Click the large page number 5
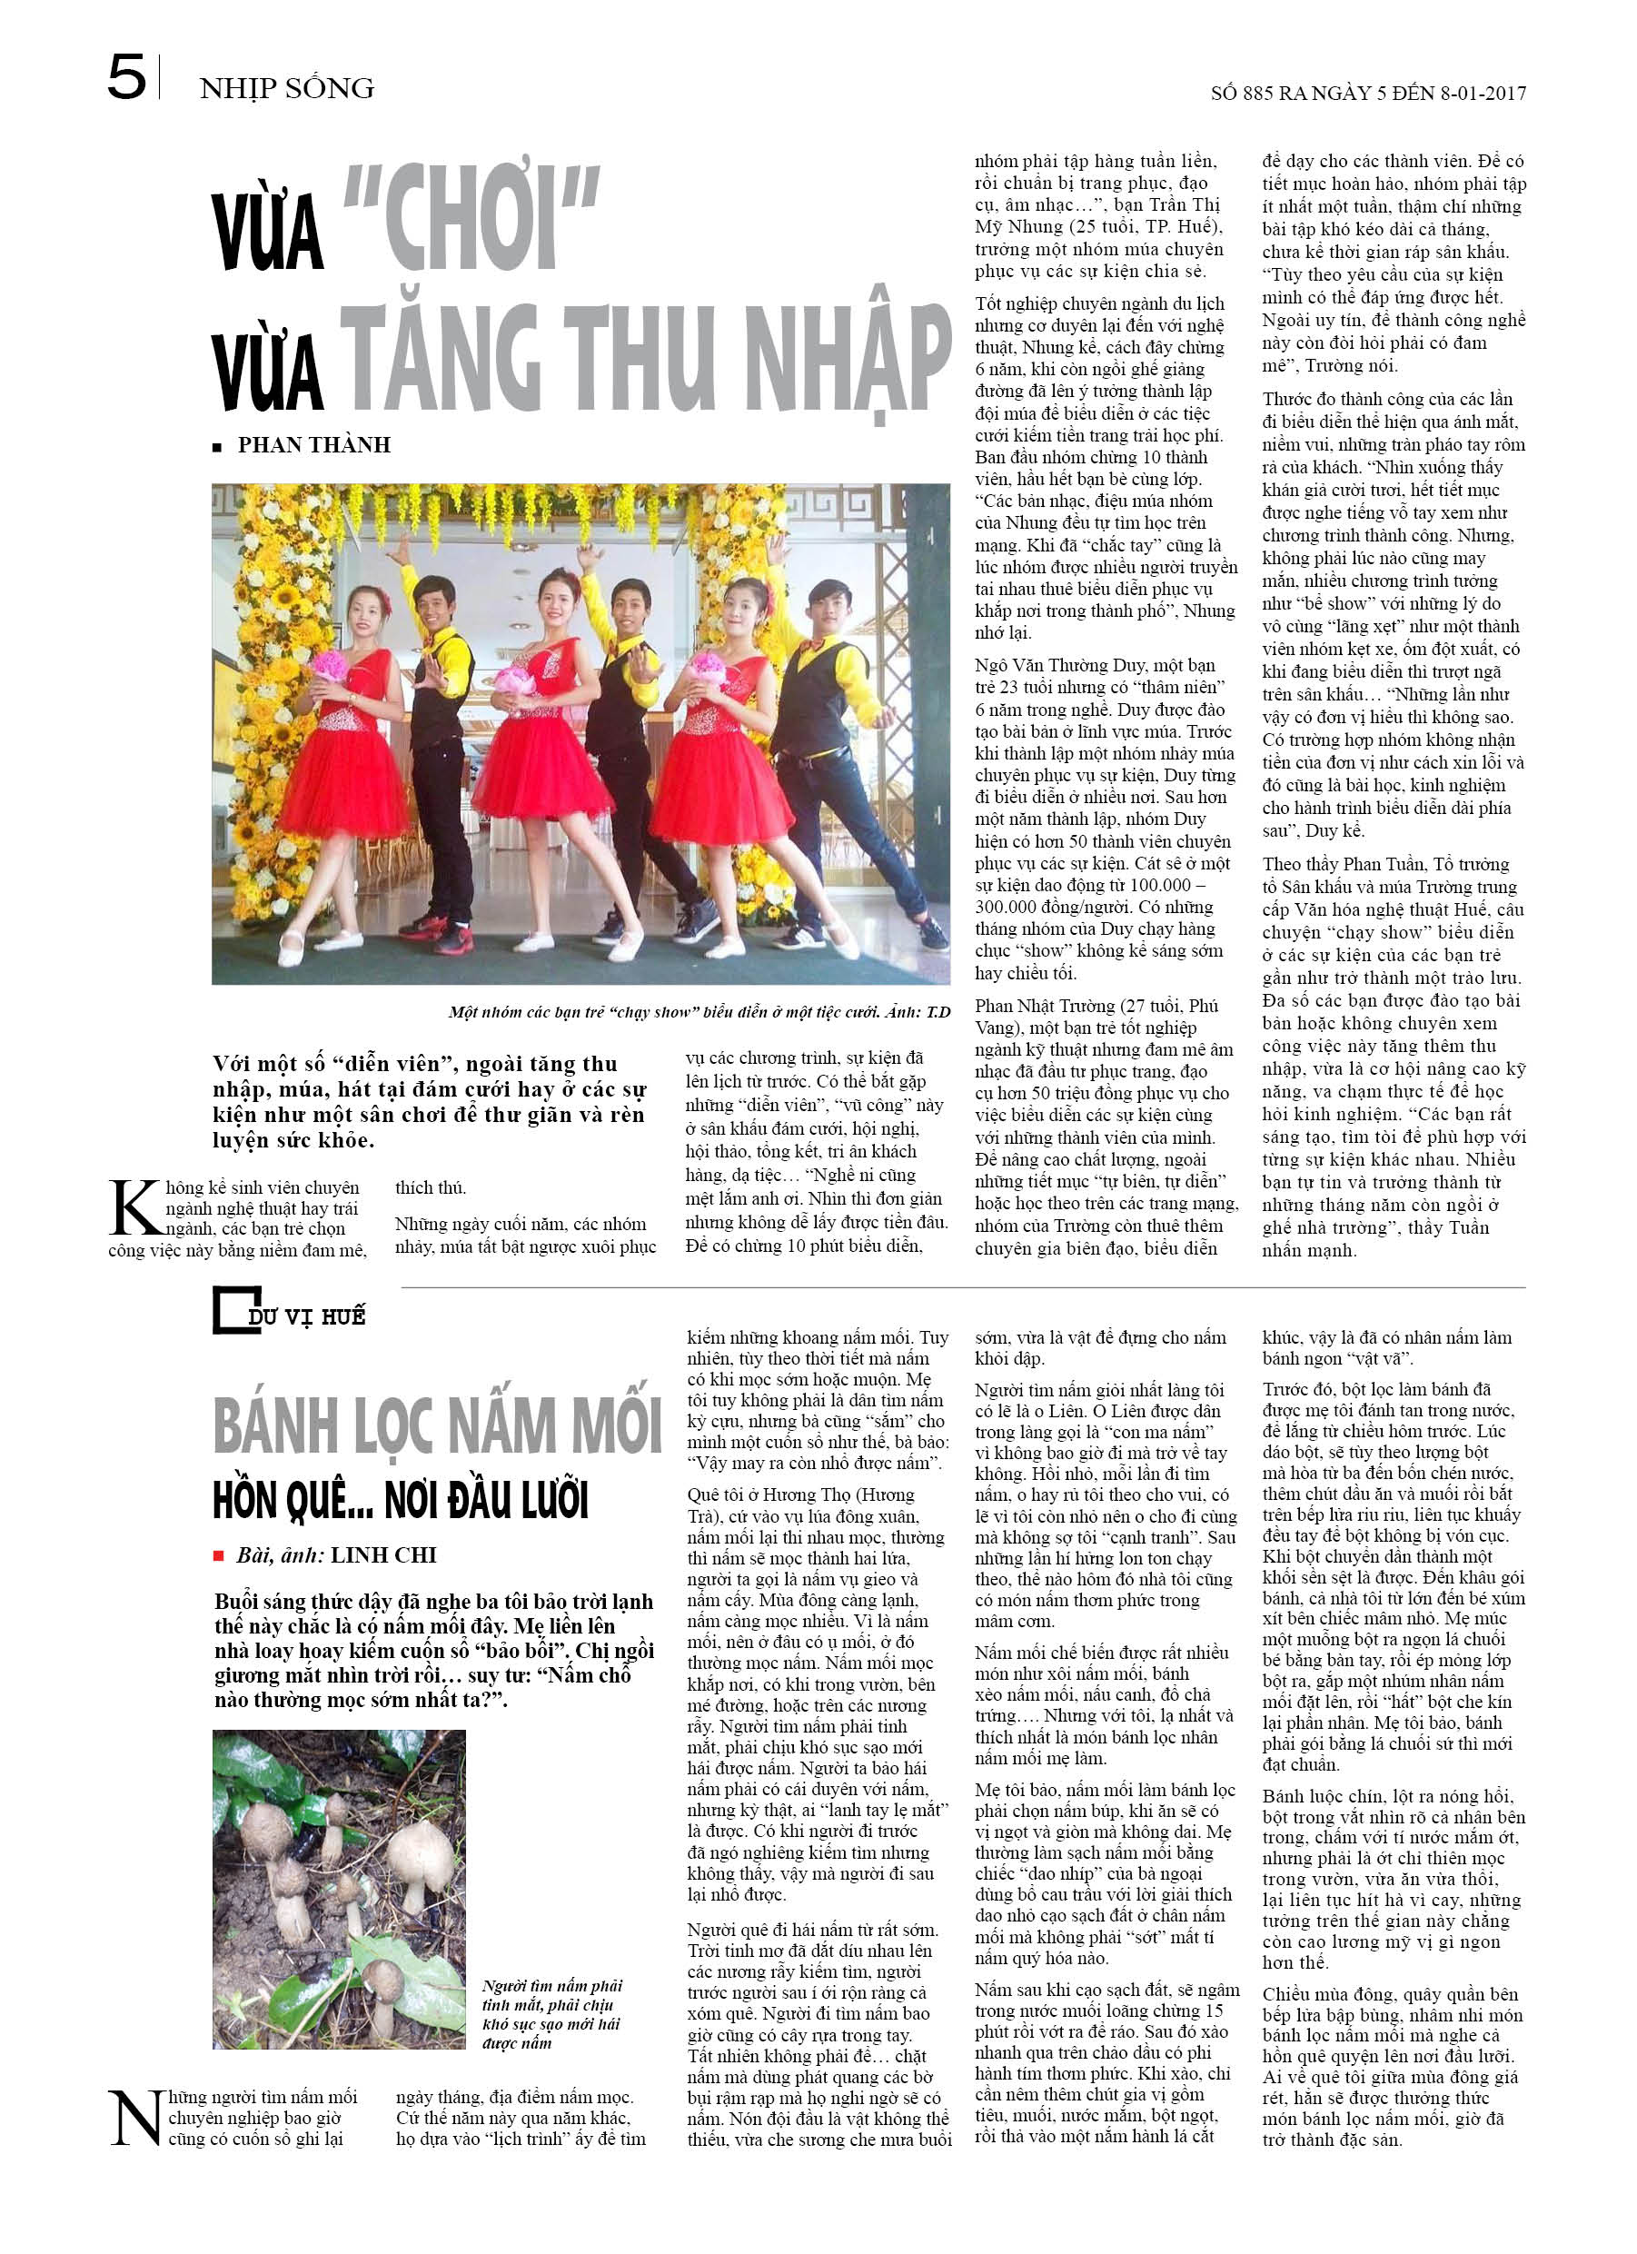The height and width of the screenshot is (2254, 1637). pos(126,77)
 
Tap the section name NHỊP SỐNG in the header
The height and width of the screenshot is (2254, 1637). pos(286,88)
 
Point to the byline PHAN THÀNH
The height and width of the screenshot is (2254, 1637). pos(314,445)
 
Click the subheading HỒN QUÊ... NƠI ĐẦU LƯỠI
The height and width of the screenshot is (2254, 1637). pos(401,1501)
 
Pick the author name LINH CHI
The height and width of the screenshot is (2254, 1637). pos(383,1555)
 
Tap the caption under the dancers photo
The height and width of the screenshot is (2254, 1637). pos(699,1012)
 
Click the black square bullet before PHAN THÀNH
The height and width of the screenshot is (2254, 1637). pos(217,447)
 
